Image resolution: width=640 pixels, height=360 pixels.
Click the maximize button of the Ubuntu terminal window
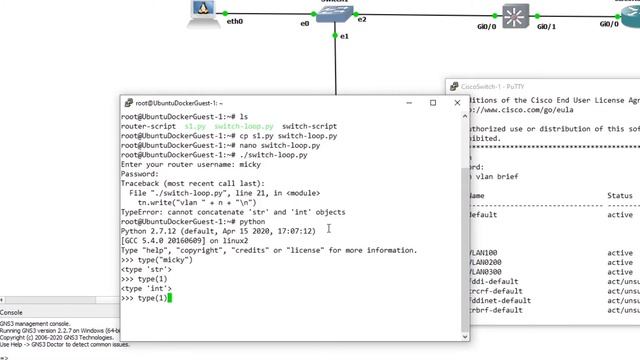(x=433, y=103)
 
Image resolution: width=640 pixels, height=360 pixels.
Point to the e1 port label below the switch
(x=344, y=36)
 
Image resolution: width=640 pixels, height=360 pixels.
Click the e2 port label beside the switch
(x=362, y=19)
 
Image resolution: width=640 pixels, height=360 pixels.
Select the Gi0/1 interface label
(x=547, y=27)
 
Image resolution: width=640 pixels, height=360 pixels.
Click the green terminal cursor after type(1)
(x=172, y=298)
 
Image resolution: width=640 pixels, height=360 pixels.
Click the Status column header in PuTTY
(x=620, y=196)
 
